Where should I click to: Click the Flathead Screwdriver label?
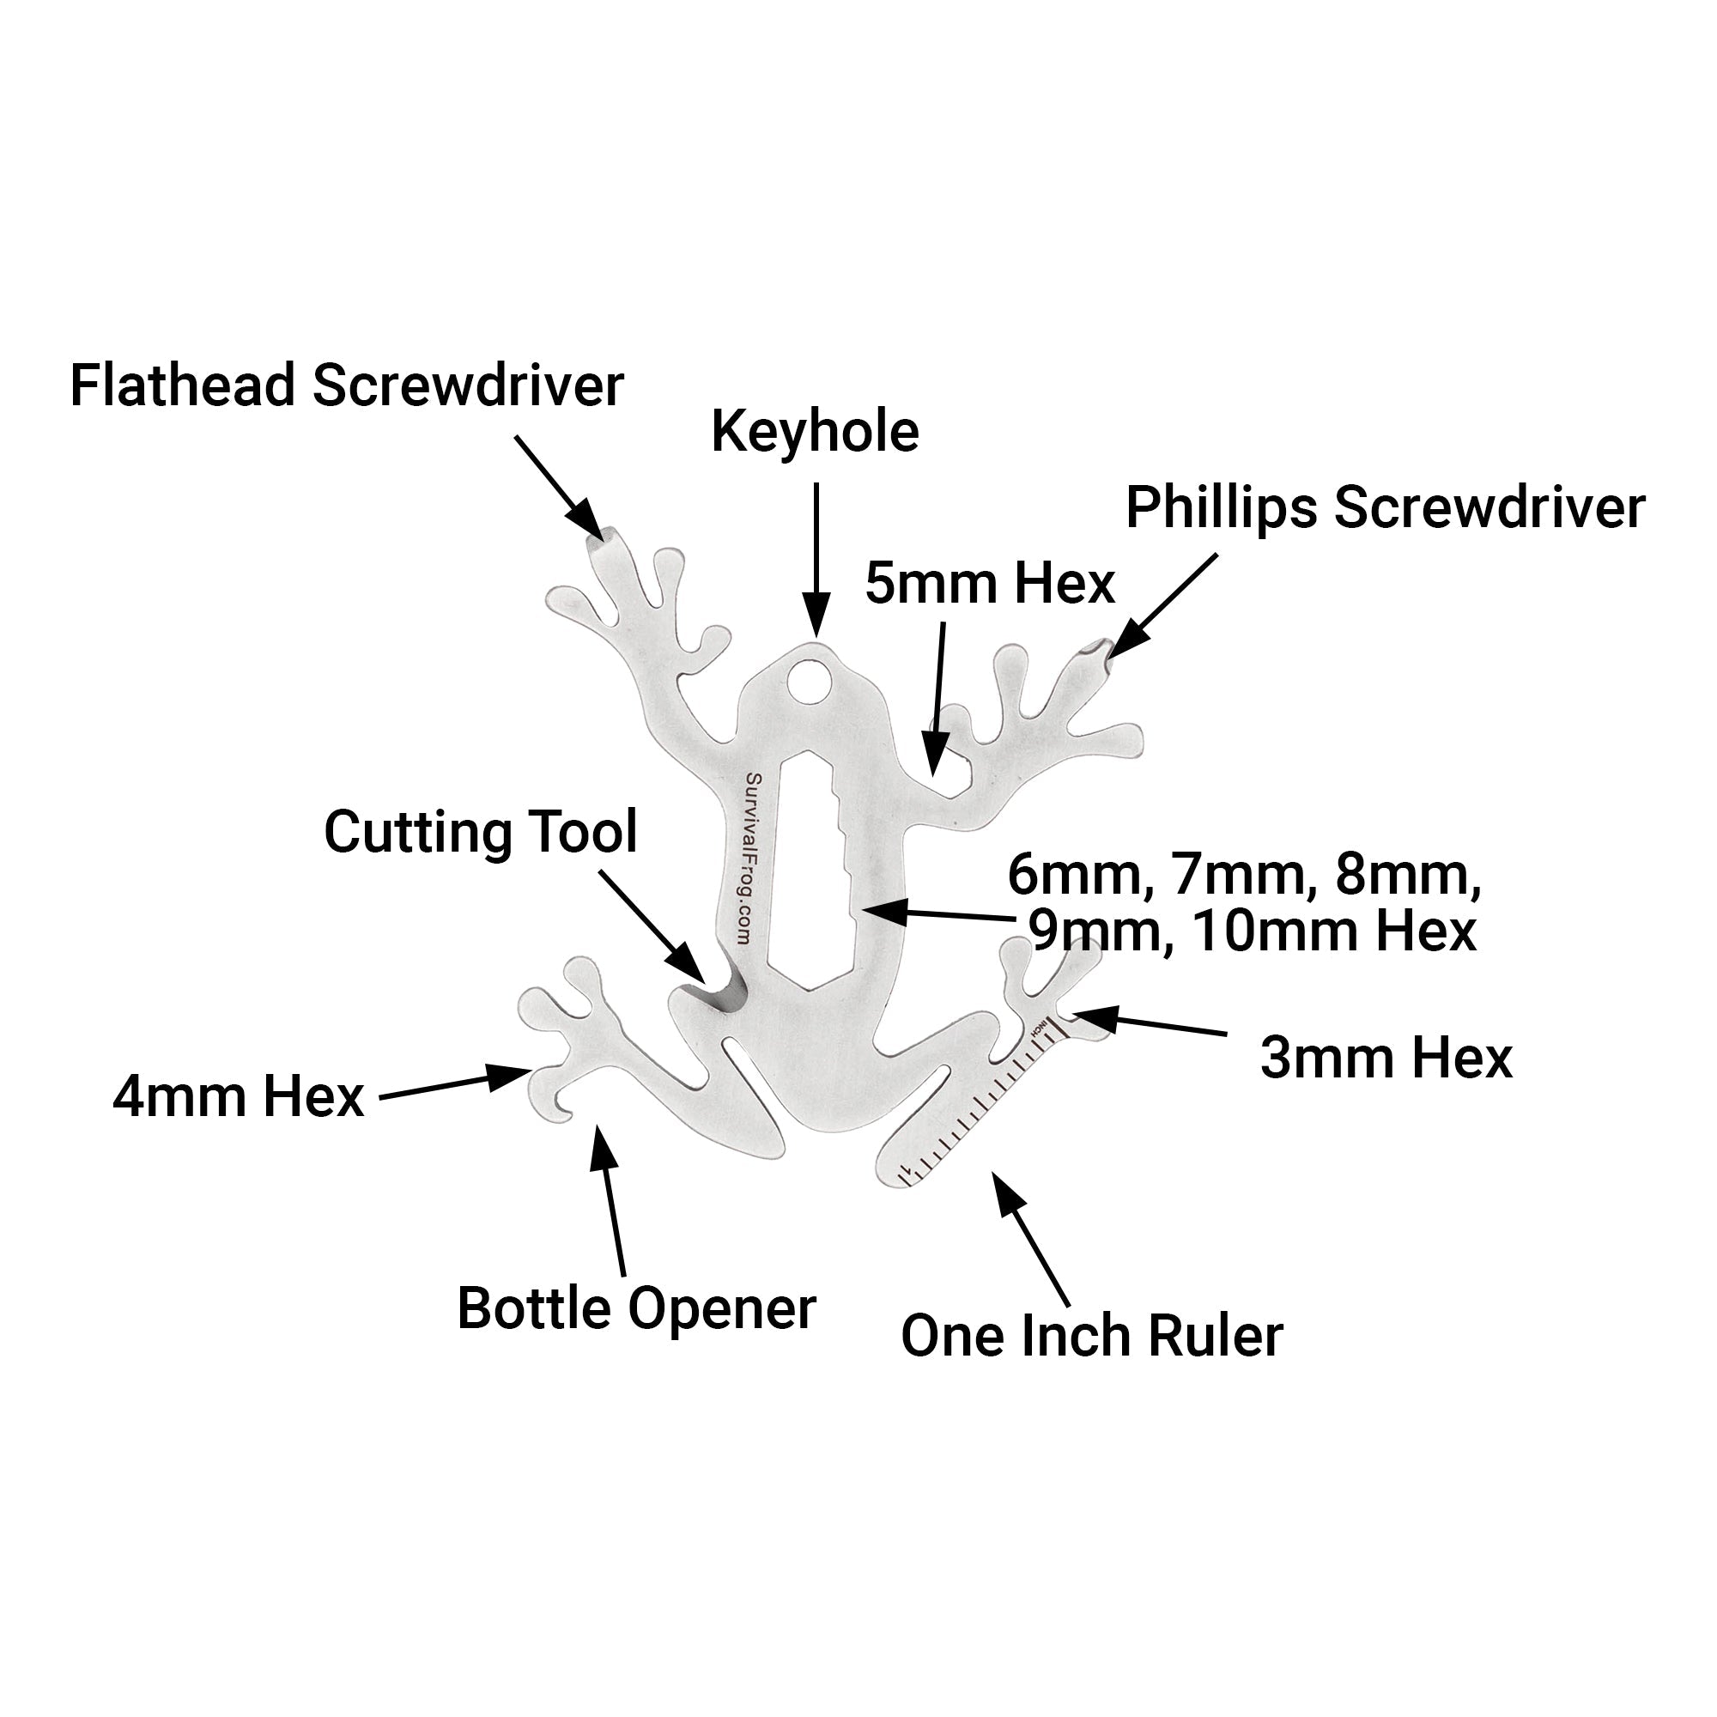[347, 386]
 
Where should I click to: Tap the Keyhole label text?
[815, 433]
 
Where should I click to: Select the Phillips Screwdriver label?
[1385, 508]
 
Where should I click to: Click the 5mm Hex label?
[989, 584]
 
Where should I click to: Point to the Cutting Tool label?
[480, 833]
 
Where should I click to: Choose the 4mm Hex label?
[238, 1096]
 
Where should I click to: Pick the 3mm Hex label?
[1386, 1059]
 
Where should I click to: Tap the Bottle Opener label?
[636, 1309]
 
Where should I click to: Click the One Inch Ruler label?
[1091, 1336]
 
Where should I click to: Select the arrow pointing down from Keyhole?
[816, 560]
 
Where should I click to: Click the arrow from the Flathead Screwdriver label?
[560, 485]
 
